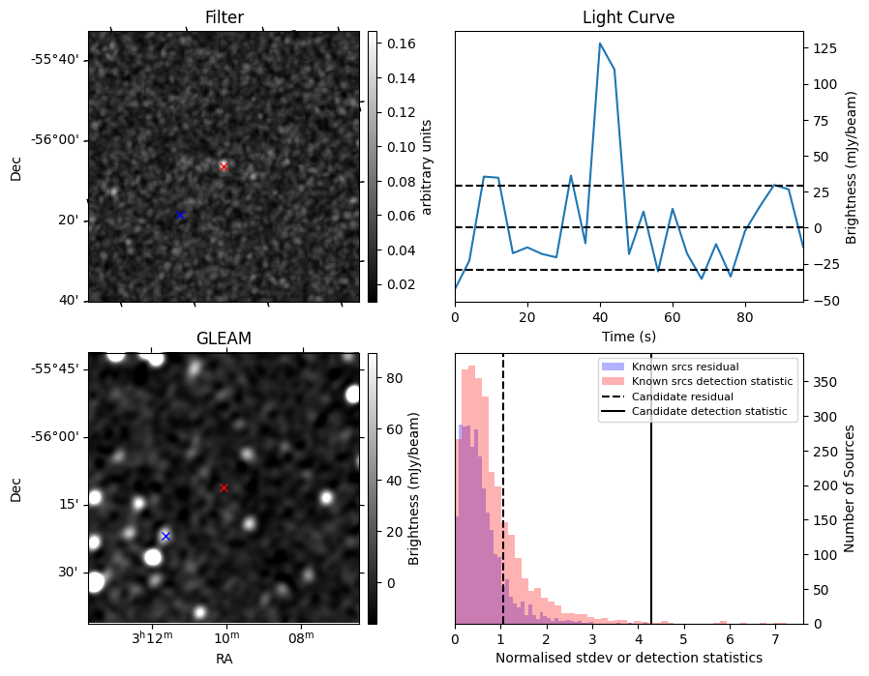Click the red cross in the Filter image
click(224, 166)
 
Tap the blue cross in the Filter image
click(180, 215)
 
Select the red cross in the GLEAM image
click(224, 487)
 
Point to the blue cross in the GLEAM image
click(165, 536)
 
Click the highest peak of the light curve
click(600, 44)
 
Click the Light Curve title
click(628, 17)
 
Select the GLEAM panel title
click(224, 338)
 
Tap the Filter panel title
click(224, 17)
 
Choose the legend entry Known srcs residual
click(685, 367)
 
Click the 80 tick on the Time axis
click(744, 316)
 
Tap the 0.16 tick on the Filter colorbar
click(393, 44)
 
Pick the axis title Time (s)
click(628, 336)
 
